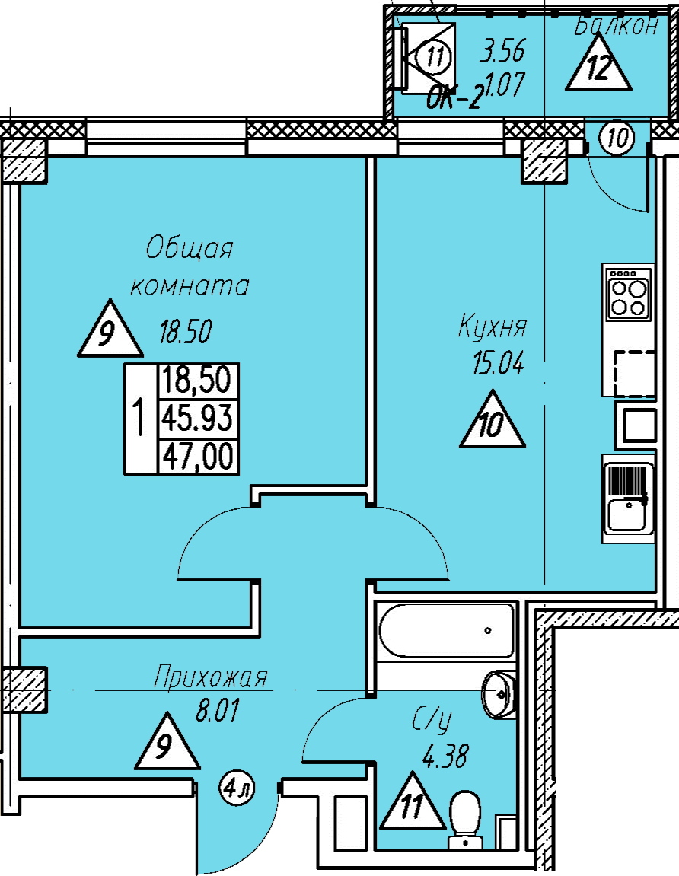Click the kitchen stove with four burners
(x=629, y=293)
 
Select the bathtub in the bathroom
(x=446, y=630)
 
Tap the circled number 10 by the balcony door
(x=617, y=138)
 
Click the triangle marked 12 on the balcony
(x=598, y=63)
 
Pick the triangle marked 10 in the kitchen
(x=493, y=421)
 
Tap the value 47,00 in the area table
(x=197, y=457)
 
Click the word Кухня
(x=493, y=327)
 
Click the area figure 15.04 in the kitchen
(x=499, y=365)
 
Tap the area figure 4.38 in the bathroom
(x=445, y=757)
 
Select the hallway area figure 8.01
(x=218, y=711)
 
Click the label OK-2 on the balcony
(x=454, y=100)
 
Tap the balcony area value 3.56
(x=503, y=51)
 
